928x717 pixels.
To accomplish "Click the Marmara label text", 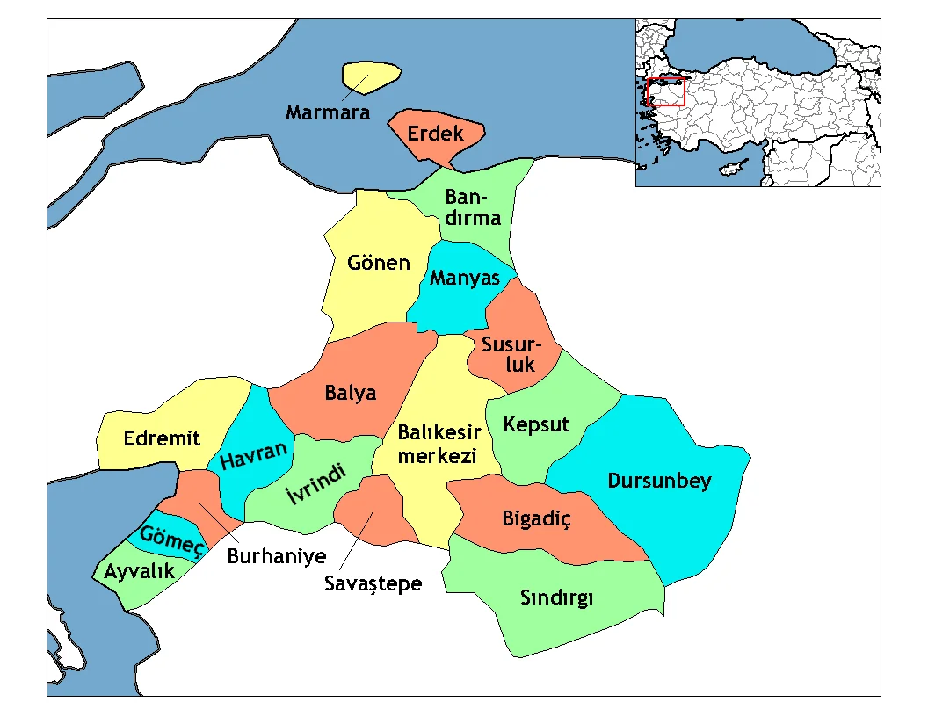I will click(328, 113).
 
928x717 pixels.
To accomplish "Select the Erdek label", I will click(435, 135).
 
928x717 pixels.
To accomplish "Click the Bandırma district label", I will click(473, 207).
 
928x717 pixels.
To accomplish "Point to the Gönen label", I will click(379, 263).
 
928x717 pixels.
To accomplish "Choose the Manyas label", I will click(464, 279).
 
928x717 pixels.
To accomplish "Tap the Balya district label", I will click(351, 393).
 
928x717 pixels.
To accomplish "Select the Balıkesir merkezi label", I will click(439, 445).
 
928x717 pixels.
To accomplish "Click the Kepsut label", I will click(536, 425).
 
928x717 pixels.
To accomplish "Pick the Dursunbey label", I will click(659, 482).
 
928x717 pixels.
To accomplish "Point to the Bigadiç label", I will click(537, 518).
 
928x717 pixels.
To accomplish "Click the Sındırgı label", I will click(557, 599).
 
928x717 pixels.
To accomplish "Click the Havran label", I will click(254, 456).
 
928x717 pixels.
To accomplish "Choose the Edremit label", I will click(162, 438).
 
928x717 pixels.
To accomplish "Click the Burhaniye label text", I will click(277, 556).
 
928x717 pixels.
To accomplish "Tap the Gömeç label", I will click(172, 538).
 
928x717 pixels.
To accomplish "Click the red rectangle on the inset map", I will click(665, 92).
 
